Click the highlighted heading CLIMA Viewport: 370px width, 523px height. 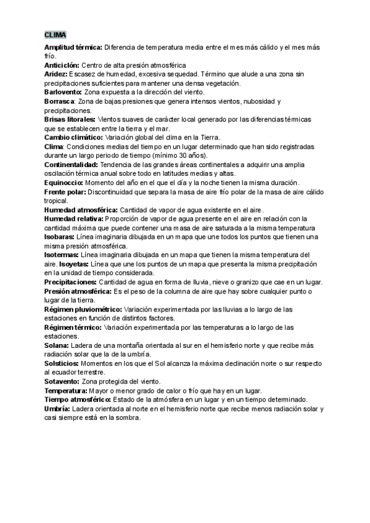pyautogui.click(x=55, y=35)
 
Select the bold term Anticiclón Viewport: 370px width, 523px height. pyautogui.click(x=62, y=65)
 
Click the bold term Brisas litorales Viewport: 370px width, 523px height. pyautogui.click(x=70, y=119)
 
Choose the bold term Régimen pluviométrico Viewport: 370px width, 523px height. pyautogui.click(x=83, y=309)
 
